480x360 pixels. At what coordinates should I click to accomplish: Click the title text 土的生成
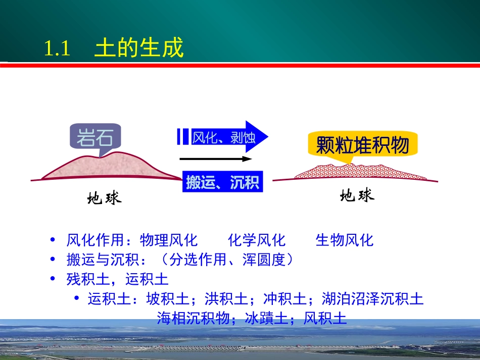(139, 48)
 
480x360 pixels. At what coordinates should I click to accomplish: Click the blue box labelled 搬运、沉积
(222, 182)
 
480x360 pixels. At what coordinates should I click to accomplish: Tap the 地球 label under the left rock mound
(104, 198)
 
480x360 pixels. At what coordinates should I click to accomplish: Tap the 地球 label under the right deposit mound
(357, 195)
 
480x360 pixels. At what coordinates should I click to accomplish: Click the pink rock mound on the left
(111, 167)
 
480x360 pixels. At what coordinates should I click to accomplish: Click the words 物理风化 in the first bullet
(169, 240)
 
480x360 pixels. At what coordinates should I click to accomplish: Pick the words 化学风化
(257, 240)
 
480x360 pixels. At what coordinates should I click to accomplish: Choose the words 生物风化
(345, 240)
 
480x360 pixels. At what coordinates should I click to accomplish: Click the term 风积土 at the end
(325, 318)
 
